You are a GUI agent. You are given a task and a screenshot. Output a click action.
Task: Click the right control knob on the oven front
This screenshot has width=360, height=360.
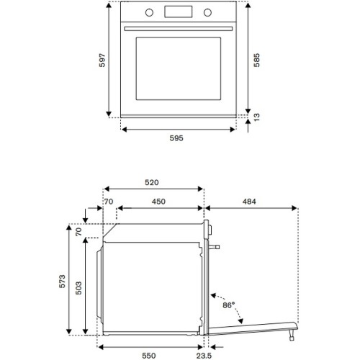209,12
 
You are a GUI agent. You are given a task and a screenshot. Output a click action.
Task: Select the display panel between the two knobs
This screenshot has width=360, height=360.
178,12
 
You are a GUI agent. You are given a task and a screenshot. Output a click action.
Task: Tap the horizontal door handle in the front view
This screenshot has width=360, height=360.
179,29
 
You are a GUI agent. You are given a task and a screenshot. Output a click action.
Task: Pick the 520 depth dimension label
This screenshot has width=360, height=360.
151,183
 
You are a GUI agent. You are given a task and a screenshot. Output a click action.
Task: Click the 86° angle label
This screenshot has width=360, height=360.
230,305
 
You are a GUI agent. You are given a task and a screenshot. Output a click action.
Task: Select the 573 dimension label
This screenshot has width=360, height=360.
62,282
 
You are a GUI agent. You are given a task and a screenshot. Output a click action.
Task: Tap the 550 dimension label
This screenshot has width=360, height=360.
150,355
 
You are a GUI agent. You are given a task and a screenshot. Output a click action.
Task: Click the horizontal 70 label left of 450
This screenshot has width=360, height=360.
110,202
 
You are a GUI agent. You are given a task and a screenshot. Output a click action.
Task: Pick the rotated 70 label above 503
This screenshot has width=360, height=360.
78,231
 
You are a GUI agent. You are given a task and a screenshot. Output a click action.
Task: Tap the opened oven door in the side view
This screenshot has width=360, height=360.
252,326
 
